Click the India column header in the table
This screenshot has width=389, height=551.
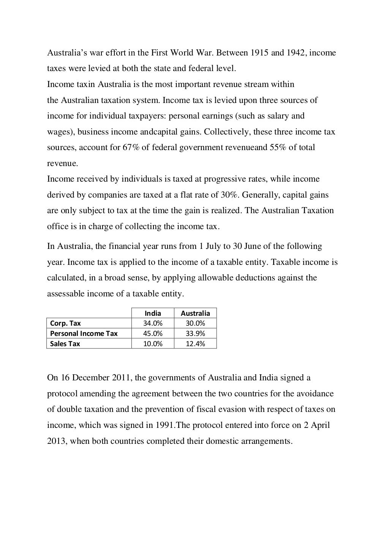153,313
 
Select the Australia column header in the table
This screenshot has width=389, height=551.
195,313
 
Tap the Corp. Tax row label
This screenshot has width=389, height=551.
65,323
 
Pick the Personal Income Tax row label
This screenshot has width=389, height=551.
84,334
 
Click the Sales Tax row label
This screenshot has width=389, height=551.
65,344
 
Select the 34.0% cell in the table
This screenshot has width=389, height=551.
153,323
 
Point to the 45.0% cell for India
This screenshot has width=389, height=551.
153,334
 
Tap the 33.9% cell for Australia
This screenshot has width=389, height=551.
195,334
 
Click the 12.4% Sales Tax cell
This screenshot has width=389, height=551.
195,344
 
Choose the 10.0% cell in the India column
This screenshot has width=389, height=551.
153,344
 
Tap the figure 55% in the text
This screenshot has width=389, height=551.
278,147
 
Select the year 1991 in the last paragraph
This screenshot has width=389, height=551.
164,425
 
